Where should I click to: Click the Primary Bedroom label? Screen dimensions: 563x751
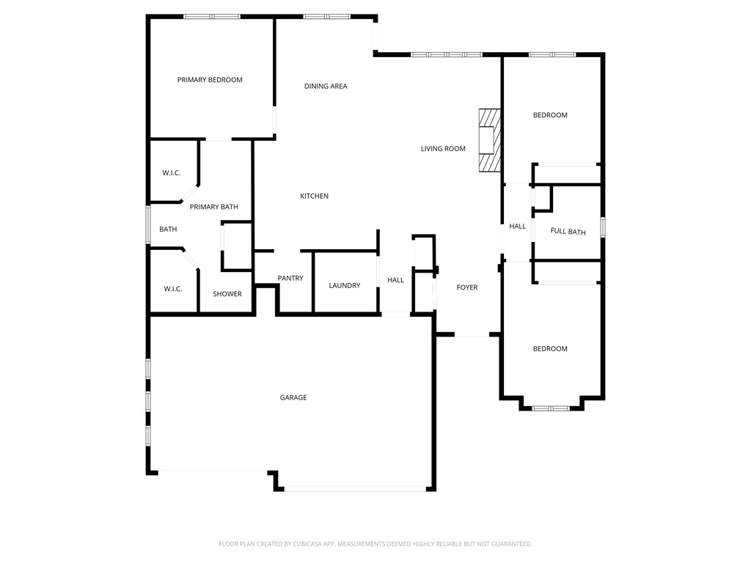click(210, 80)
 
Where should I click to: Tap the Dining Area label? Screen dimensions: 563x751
click(326, 87)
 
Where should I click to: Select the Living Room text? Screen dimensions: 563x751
click(443, 149)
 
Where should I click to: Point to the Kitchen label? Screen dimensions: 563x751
click(314, 196)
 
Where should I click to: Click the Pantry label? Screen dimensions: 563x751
click(290, 279)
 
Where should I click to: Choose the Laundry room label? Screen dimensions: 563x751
click(344, 285)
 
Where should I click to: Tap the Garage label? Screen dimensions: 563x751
click(293, 397)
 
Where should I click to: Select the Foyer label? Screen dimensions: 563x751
click(467, 287)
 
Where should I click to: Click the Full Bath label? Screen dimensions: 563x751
click(568, 232)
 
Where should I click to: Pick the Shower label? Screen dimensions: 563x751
click(227, 294)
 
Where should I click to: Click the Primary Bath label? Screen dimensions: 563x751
click(214, 207)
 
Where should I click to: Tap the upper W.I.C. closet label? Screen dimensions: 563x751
click(172, 173)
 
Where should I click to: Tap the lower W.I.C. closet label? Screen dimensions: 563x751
click(172, 289)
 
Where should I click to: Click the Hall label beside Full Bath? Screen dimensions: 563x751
click(518, 227)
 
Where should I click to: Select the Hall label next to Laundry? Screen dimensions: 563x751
click(395, 280)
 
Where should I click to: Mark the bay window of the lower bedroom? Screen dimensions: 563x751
click(551, 408)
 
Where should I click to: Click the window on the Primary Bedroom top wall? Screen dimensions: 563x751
click(211, 16)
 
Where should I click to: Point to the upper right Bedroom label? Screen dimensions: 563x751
click(550, 115)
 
